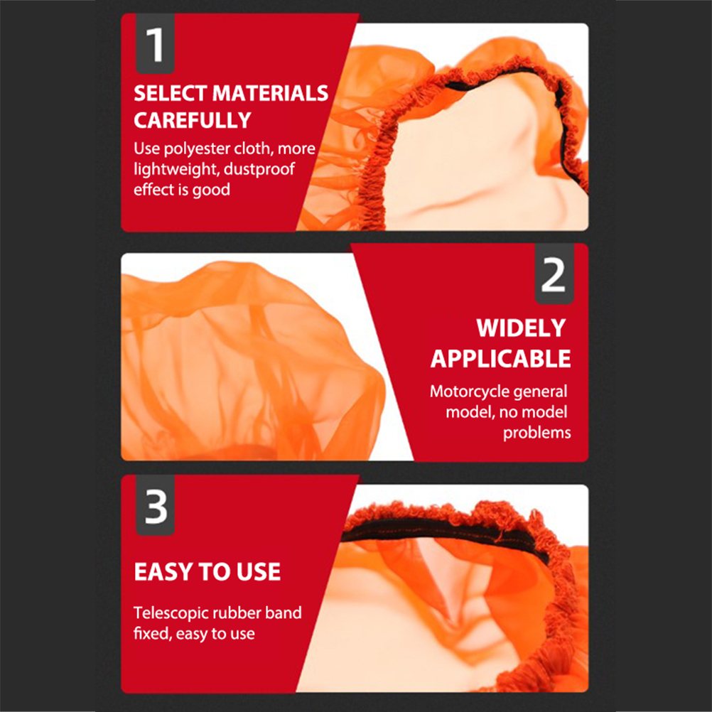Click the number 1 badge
click(155, 43)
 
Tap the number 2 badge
click(554, 274)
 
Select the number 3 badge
click(155, 505)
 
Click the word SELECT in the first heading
click(171, 94)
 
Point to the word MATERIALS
click(270, 94)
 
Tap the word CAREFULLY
click(193, 121)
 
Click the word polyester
click(198, 149)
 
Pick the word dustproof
click(259, 170)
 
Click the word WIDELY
click(521, 328)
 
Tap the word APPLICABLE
click(500, 359)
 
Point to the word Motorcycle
click(467, 392)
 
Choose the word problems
click(536, 433)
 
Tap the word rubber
click(237, 613)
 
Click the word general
click(538, 392)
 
